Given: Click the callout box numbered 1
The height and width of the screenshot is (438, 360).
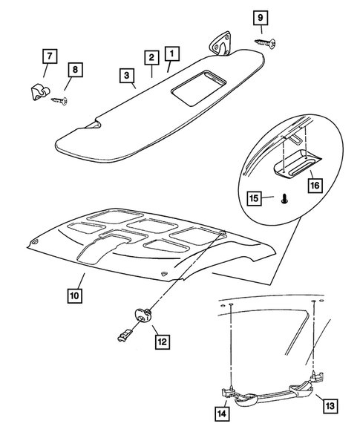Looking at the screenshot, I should pos(172,54).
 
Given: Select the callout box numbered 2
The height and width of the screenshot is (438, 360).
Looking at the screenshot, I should pos(151,58).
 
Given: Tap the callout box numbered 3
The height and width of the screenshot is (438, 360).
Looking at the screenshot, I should pos(128,75).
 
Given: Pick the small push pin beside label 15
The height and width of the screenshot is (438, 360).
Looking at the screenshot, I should pos(284,199).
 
